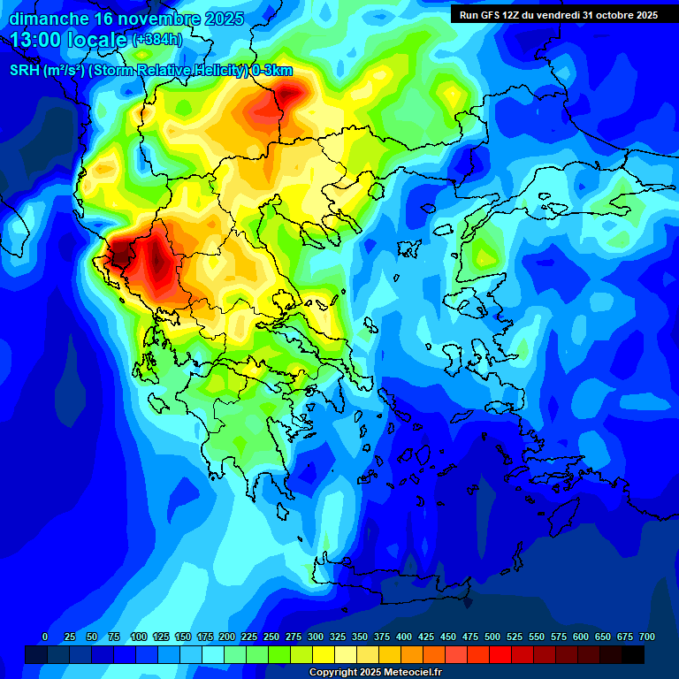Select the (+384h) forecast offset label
coord(156,40)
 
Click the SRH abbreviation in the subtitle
coord(23,71)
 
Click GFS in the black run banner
coord(492,14)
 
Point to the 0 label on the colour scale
coord(45,637)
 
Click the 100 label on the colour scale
coord(138,637)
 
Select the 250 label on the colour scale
coord(271,637)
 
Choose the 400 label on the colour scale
coord(404,637)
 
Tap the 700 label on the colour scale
coord(646,637)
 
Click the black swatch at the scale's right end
coord(633,654)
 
